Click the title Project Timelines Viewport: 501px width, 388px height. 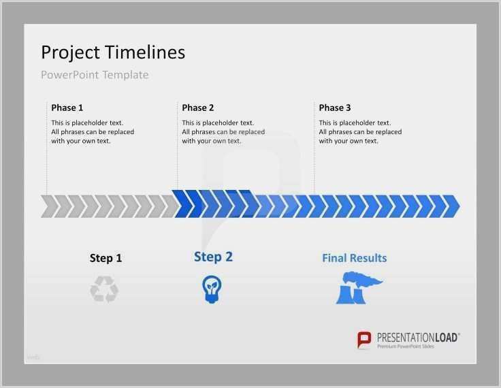tap(113, 52)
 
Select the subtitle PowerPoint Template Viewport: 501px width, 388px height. tap(95, 75)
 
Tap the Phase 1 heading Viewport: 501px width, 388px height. tap(67, 108)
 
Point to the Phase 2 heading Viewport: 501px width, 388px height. tap(198, 108)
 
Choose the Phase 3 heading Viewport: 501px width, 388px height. tap(335, 108)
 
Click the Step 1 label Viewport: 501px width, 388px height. tap(106, 258)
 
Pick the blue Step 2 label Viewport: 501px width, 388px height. tap(213, 257)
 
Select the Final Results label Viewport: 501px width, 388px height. tap(354, 258)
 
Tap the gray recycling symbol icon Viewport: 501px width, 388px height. tap(104, 289)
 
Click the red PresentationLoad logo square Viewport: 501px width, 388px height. tap(365, 340)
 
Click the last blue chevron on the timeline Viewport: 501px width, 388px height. tap(452, 206)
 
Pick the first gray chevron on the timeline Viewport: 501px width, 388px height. tap(48, 206)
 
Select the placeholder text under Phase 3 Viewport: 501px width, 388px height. tap(360, 132)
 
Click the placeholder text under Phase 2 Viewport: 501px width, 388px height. tap(223, 132)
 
